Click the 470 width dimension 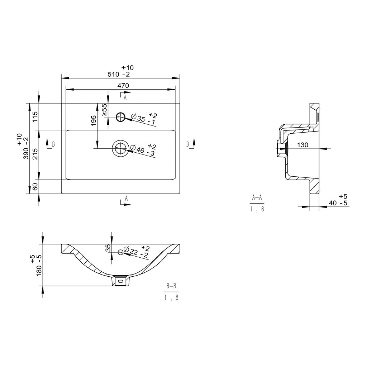pyautogui.click(x=123, y=86)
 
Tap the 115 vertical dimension pyautogui.click(x=35, y=116)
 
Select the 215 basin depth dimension pyautogui.click(x=35, y=154)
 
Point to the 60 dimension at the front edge pyautogui.click(x=35, y=187)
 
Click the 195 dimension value pyautogui.click(x=94, y=120)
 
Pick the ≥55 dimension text pyautogui.click(x=105, y=110)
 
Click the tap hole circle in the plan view pyautogui.click(x=121, y=117)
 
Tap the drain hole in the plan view pyautogui.click(x=120, y=148)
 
